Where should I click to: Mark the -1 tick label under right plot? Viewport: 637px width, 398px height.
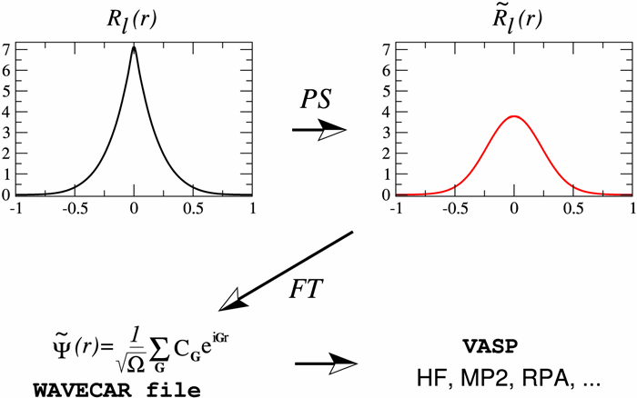click(395, 208)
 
